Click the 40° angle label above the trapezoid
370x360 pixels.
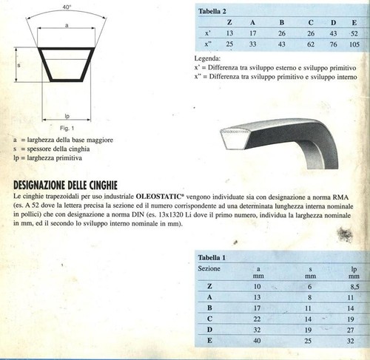[67, 6]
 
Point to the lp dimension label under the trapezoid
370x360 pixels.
[67, 115]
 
